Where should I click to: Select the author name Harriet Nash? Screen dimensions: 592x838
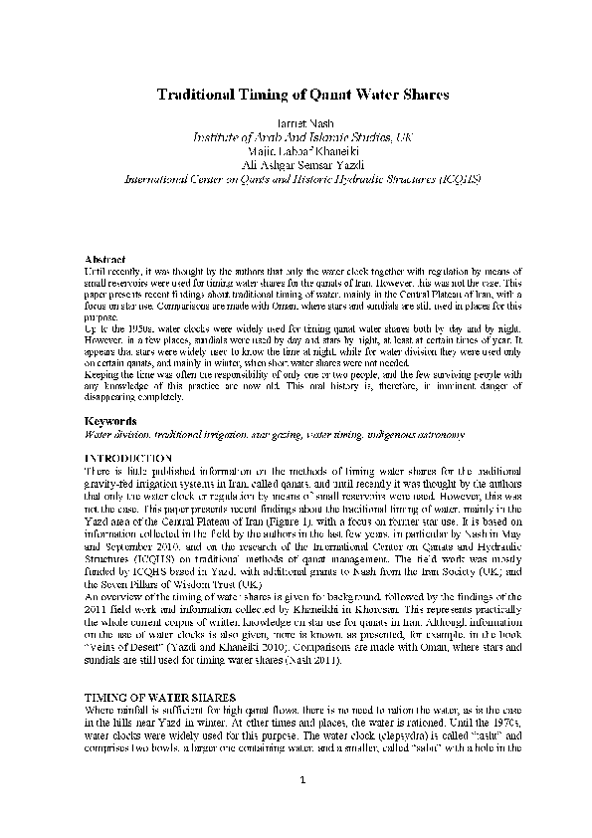[x=296, y=121]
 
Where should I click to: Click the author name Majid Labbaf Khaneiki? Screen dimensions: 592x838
[x=296, y=151]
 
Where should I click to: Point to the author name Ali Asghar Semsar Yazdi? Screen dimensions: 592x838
[x=296, y=165]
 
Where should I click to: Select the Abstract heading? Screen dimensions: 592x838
[x=103, y=259]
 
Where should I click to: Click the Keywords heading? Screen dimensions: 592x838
[x=109, y=421]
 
